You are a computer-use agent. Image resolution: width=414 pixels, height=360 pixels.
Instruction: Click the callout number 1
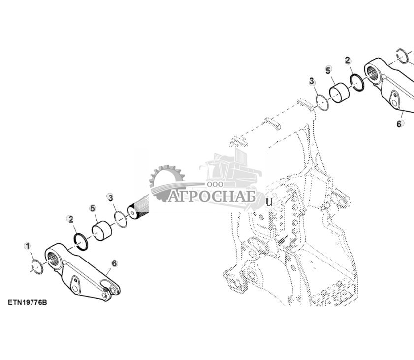click(x=27, y=246)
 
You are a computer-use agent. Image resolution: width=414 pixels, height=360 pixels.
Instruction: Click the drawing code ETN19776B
click(x=28, y=302)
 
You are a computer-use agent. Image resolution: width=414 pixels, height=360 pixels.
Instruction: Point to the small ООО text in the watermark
click(x=215, y=184)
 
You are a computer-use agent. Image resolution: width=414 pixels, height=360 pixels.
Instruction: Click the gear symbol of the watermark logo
click(x=167, y=182)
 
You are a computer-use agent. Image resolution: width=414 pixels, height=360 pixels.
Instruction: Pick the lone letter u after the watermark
click(x=269, y=202)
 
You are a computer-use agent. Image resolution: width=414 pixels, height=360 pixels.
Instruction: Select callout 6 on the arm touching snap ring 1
click(x=114, y=263)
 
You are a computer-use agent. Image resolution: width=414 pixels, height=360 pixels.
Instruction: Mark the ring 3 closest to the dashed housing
click(x=322, y=102)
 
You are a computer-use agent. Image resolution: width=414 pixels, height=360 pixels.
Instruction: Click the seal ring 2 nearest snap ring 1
click(x=81, y=242)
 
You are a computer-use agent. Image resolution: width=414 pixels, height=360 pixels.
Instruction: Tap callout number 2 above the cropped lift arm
click(x=348, y=61)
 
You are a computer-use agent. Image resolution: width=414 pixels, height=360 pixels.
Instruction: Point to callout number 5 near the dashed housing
click(x=328, y=70)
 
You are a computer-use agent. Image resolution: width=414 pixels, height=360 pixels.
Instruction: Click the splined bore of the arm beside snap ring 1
click(x=53, y=259)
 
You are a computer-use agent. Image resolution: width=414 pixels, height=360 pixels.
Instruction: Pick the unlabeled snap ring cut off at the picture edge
click(x=403, y=56)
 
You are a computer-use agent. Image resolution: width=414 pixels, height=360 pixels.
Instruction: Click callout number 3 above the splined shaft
click(x=110, y=197)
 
